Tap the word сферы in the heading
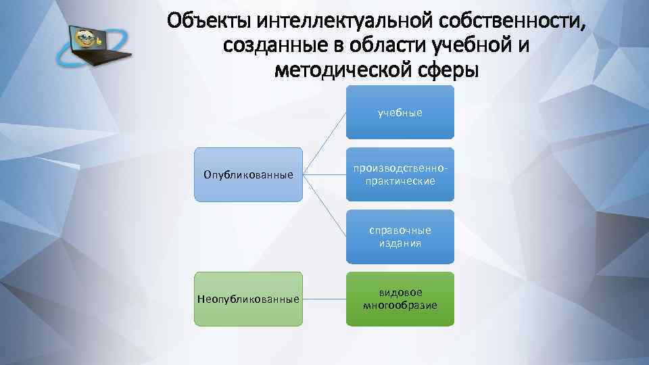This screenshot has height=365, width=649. (x=447, y=70)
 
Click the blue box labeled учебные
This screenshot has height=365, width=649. (x=400, y=112)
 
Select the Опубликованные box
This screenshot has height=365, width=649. (x=248, y=175)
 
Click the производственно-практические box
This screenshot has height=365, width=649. (x=400, y=175)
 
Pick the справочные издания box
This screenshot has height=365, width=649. (x=400, y=237)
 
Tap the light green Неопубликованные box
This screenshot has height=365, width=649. (x=248, y=299)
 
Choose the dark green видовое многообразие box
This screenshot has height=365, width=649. (x=400, y=299)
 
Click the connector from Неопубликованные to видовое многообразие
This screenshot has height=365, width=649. (x=324, y=299)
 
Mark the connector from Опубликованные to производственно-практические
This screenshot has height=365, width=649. (x=324, y=174)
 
